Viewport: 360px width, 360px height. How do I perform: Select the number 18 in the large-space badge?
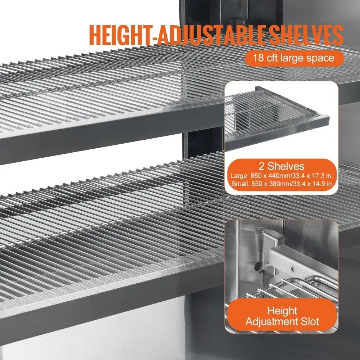pos(258,57)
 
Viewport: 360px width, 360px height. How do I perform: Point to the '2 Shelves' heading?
pos(281,166)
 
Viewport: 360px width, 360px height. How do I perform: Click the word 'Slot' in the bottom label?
pos(308,321)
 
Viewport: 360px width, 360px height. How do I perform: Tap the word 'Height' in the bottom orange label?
pos(282,310)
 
